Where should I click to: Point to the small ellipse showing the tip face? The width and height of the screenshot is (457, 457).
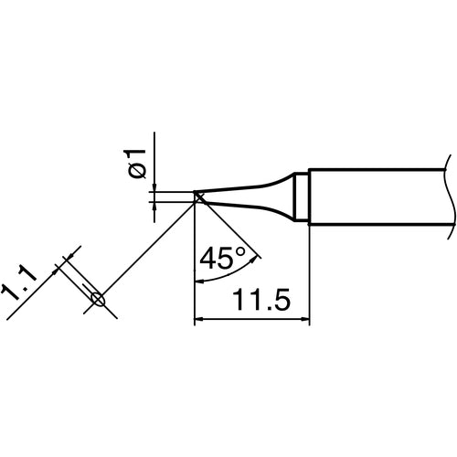point(98,298)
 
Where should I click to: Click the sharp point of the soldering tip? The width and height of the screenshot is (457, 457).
point(197,195)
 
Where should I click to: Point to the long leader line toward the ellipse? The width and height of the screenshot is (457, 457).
point(146,246)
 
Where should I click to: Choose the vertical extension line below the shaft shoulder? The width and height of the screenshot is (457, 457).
point(311,274)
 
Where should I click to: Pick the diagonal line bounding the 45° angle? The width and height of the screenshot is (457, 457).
point(228,228)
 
